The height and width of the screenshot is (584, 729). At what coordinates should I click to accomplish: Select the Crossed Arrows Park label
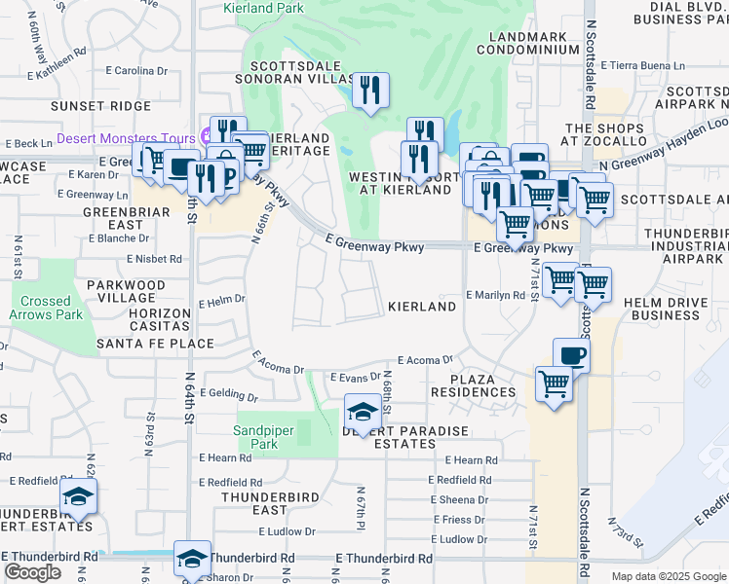tap(46, 308)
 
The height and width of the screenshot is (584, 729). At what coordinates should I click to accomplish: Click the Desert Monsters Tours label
tap(127, 137)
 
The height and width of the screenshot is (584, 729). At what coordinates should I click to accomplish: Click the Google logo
tap(32, 571)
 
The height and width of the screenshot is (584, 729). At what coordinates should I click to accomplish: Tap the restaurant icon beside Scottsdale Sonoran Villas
tap(369, 91)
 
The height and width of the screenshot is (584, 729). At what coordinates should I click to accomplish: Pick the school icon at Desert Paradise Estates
tap(362, 412)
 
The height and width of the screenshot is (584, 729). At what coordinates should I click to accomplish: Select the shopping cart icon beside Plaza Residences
tap(554, 385)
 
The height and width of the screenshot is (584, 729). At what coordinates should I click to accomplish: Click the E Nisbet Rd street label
tap(154, 259)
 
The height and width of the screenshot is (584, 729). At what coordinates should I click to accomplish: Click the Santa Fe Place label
tap(155, 344)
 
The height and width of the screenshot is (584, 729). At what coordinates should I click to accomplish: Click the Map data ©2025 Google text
tap(668, 576)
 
